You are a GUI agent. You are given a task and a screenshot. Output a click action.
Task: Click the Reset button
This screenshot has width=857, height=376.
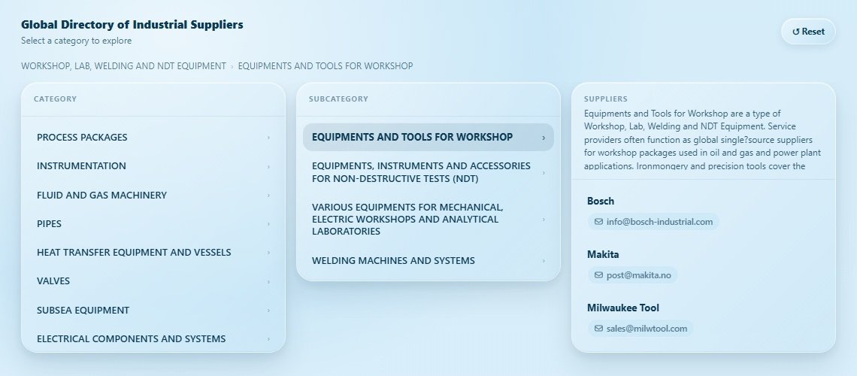808,32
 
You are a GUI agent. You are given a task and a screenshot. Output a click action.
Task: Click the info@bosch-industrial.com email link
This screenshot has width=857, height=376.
653,222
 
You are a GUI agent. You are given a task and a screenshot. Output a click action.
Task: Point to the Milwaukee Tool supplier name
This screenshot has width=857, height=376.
623,308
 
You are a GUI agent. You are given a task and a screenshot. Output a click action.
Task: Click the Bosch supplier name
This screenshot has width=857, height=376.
601,201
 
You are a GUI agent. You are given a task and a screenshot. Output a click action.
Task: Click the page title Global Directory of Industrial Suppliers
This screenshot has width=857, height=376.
132,25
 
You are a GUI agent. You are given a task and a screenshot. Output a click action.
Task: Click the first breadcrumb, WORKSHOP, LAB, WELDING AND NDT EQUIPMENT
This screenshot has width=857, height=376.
123,66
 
